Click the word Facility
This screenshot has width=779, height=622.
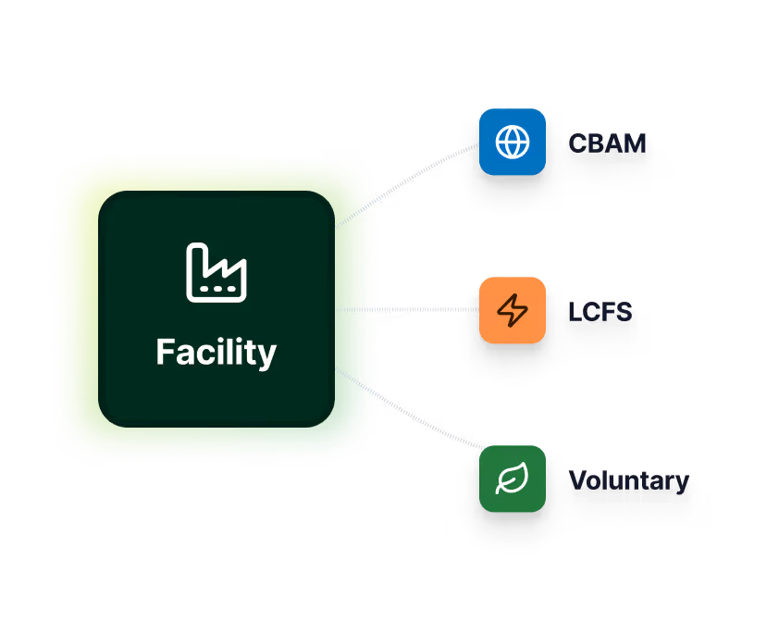click(216, 353)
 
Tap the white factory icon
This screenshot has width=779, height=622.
click(216, 273)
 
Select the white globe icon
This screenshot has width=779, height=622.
click(512, 143)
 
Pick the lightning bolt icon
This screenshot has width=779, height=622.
click(512, 310)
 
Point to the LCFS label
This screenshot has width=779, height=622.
click(601, 312)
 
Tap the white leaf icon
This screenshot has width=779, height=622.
click(512, 479)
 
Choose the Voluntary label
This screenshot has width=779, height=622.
click(630, 481)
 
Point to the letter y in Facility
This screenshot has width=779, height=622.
click(266, 356)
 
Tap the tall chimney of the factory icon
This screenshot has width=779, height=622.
click(196, 264)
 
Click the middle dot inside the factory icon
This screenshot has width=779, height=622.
click(216, 289)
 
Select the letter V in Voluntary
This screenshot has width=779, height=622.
click(580, 481)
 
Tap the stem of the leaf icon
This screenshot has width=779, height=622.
click(501, 489)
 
